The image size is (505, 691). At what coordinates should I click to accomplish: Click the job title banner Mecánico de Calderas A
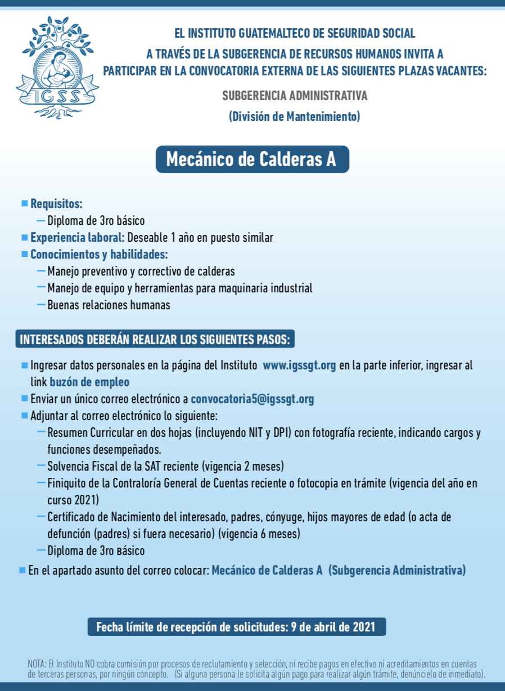(x=251, y=160)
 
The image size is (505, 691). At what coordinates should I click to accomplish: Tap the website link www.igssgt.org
(x=299, y=365)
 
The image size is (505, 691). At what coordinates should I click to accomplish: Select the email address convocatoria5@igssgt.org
(x=252, y=399)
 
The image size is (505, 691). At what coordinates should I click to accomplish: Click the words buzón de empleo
(x=89, y=382)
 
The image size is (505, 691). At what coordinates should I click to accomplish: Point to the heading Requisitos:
(x=56, y=204)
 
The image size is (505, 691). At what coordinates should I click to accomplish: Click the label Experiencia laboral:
(x=77, y=237)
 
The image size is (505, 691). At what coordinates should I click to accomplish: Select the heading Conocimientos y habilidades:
(x=99, y=254)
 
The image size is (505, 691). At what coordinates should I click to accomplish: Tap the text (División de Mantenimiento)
(x=294, y=117)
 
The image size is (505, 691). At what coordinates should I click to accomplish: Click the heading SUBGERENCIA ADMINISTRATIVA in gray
(x=295, y=96)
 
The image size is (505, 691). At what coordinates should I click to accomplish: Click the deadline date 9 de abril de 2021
(x=332, y=627)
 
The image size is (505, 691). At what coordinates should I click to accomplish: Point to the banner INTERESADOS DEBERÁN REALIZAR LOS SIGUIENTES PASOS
(x=155, y=340)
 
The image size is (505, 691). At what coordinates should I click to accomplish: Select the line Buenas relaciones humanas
(x=109, y=305)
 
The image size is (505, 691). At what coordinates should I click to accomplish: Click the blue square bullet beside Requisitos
(x=24, y=203)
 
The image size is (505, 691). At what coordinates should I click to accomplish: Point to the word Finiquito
(x=66, y=483)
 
